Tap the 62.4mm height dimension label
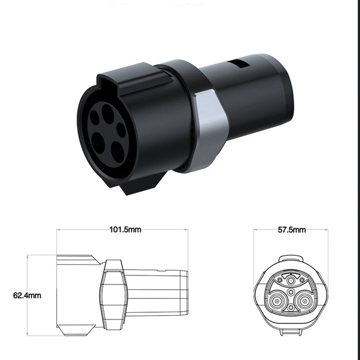(27, 296)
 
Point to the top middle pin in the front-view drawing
(291, 277)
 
